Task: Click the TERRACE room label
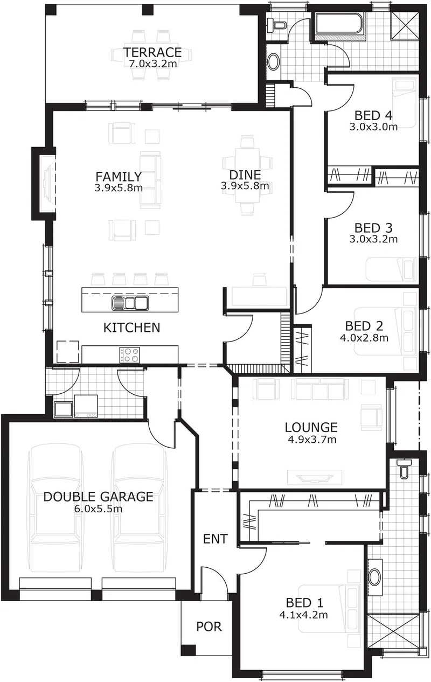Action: coord(152,52)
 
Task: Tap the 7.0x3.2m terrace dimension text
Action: coord(153,64)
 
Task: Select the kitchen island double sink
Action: coord(130,303)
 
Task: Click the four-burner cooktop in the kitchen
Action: coord(130,354)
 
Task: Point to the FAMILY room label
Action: coord(119,177)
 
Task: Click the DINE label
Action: coord(245,175)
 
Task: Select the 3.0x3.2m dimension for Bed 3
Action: coord(373,239)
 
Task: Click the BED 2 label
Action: coord(364,326)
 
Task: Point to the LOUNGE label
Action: coord(311,428)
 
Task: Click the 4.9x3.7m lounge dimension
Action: coord(312,440)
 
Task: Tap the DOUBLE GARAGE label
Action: coord(98,497)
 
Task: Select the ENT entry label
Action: coord(215,539)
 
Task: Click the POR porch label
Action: coord(209,627)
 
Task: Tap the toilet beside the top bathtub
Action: coord(276,25)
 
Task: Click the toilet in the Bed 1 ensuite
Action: coord(404,469)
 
